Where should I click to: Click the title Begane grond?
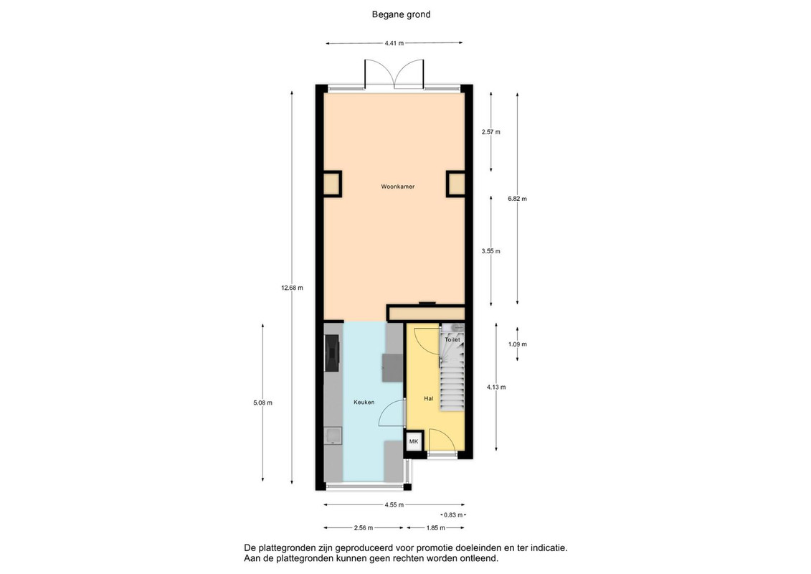[x=401, y=14]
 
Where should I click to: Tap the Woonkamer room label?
[x=398, y=187]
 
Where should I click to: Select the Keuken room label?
[x=364, y=403]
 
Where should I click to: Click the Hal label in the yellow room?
[x=428, y=398]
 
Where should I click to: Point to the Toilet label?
[x=452, y=340]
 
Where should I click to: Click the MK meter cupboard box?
[x=414, y=441]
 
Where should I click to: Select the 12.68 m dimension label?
[x=293, y=288]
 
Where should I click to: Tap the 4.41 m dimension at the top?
[x=394, y=44]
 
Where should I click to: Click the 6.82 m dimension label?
[x=517, y=199]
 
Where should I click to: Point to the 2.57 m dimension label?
[x=491, y=132]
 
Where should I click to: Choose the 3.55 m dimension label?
[x=491, y=252]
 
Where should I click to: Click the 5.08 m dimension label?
[x=262, y=403]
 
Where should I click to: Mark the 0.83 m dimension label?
[x=454, y=515]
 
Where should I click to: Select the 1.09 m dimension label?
[x=517, y=344]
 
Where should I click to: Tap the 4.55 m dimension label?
[x=394, y=504]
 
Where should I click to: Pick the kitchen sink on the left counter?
[x=333, y=436]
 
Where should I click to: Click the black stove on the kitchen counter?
[x=331, y=352]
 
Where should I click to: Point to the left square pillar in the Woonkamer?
[x=332, y=184]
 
